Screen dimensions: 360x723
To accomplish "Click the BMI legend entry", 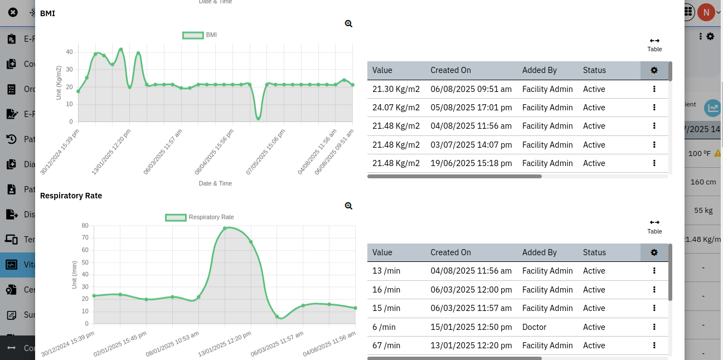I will (x=200, y=35).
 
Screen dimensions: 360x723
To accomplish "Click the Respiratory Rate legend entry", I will (x=200, y=217).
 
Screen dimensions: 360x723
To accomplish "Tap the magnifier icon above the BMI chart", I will (x=348, y=23).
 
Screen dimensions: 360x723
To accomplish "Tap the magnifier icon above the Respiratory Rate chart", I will (x=348, y=206).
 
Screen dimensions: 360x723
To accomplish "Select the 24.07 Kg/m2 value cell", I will (x=396, y=108).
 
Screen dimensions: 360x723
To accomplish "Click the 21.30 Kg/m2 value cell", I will (x=396, y=89).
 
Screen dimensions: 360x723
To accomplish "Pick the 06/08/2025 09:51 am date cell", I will (x=471, y=89).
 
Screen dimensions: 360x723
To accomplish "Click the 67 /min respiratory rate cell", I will (x=386, y=346).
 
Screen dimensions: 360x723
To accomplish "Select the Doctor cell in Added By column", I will (x=534, y=327).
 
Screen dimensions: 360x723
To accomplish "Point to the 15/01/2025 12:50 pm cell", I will (x=471, y=327).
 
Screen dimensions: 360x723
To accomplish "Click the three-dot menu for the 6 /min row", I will (x=654, y=327).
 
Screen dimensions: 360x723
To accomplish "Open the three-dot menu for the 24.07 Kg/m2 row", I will (x=654, y=108).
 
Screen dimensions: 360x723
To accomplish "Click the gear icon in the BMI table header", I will (x=654, y=70).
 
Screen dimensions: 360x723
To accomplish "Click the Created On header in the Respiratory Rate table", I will (x=450, y=252).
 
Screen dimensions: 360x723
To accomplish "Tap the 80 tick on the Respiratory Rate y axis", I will (x=85, y=226).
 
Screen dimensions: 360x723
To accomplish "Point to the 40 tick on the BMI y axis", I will (x=69, y=52).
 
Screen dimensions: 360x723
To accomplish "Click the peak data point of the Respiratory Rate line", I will (x=225, y=228).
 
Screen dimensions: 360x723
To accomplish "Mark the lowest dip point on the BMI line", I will (x=258, y=118).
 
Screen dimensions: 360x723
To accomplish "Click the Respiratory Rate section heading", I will (x=71, y=196).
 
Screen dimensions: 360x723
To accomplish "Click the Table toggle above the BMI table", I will (x=654, y=44).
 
